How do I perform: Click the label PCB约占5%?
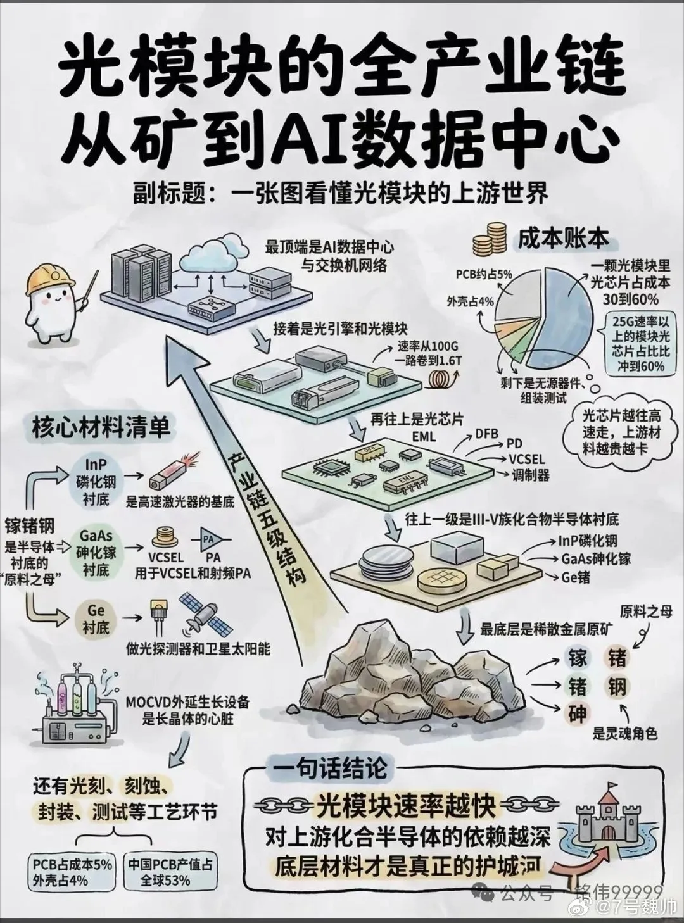click(x=484, y=274)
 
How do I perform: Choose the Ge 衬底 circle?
click(x=96, y=618)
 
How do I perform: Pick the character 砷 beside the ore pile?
click(x=576, y=714)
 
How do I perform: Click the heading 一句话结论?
click(x=329, y=769)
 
